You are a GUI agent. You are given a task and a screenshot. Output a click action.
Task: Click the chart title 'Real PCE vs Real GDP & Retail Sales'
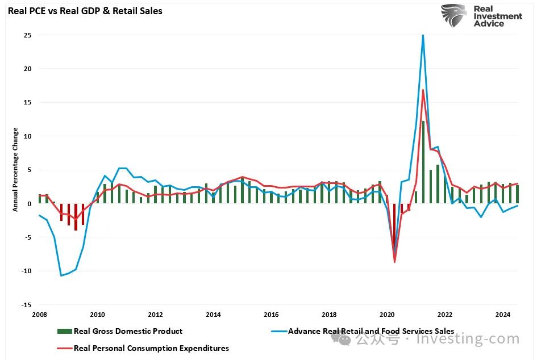[x=85, y=11]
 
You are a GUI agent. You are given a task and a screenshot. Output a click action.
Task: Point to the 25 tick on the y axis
[x=27, y=35]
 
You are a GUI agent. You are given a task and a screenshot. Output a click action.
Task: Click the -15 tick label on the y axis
[x=26, y=305]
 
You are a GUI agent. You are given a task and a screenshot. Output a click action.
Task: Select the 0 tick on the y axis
[x=29, y=204]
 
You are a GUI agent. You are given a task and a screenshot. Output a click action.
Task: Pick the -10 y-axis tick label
[x=26, y=271]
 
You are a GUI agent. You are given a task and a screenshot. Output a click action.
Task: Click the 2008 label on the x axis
[x=39, y=315]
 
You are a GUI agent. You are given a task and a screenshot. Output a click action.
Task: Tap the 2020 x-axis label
[x=386, y=315]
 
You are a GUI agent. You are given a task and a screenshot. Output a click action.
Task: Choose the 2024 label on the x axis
[x=502, y=315]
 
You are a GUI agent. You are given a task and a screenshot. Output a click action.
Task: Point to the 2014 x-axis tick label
[x=213, y=315]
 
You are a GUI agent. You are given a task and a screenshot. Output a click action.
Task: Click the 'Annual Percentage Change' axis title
[x=15, y=169]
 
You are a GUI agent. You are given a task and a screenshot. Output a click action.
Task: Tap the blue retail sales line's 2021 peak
[x=423, y=36]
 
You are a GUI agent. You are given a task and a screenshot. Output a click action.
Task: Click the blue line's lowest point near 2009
[x=61, y=275]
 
